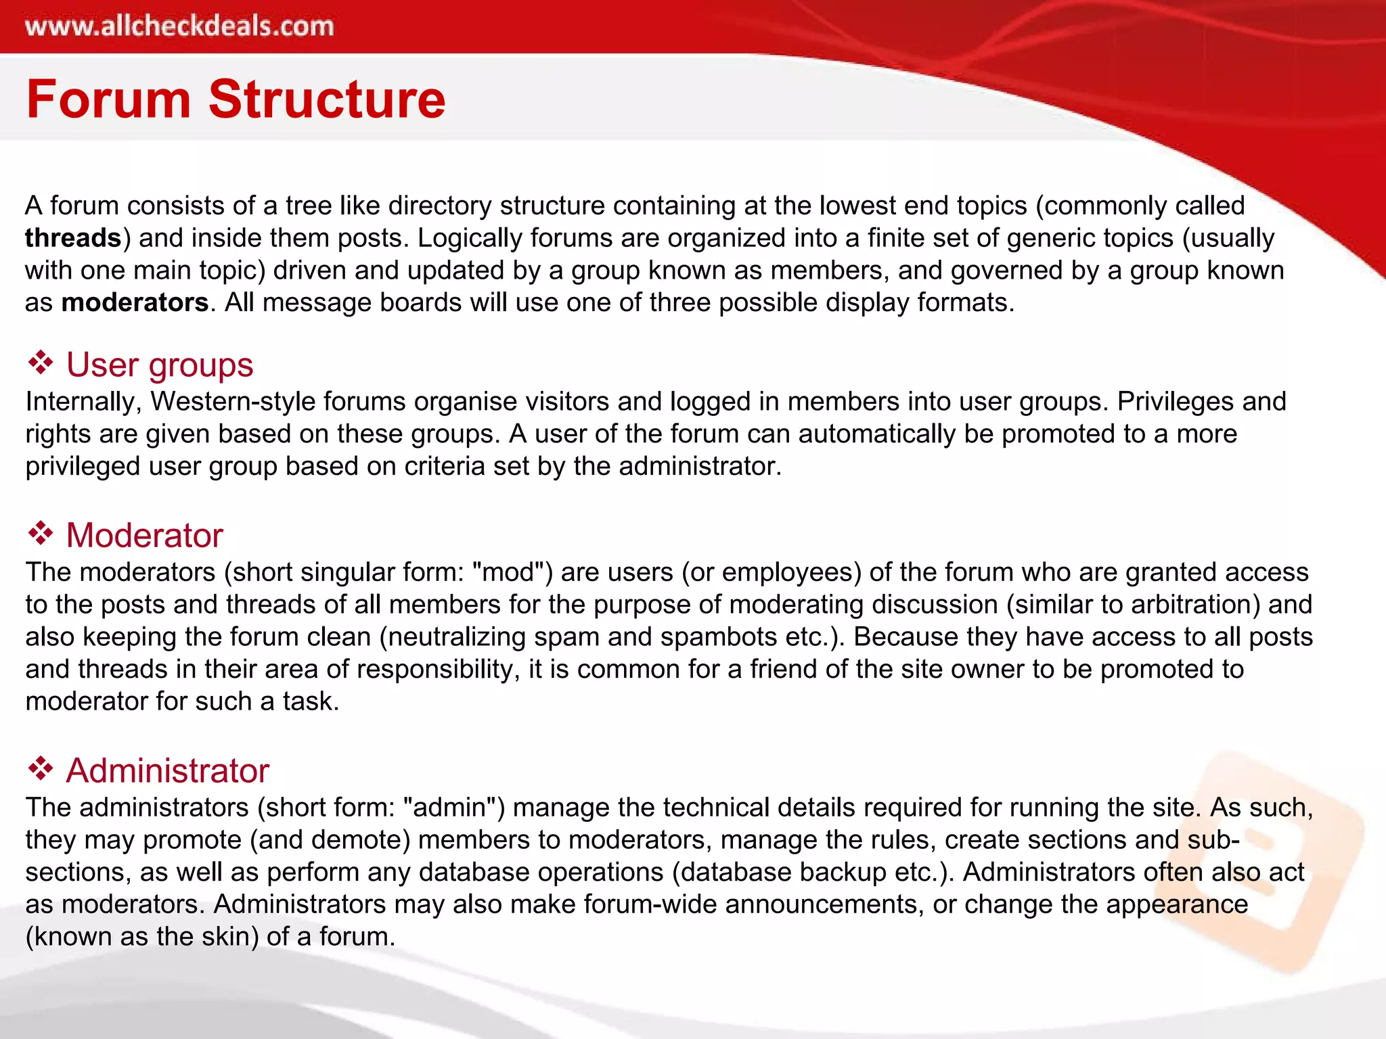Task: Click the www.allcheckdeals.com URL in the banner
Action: [179, 26]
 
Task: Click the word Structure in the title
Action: [327, 99]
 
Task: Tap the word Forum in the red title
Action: [108, 99]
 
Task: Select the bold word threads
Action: [73, 238]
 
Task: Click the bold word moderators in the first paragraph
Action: [135, 302]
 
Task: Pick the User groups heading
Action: [159, 365]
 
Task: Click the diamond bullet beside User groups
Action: [41, 363]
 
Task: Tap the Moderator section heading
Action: [144, 536]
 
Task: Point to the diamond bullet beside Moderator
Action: [41, 534]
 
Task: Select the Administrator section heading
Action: [167, 771]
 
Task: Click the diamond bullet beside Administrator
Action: [41, 769]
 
